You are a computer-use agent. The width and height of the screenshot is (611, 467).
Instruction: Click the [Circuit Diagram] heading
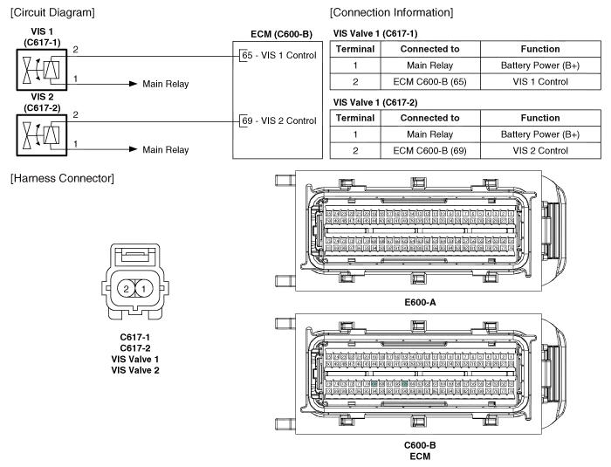[51, 13]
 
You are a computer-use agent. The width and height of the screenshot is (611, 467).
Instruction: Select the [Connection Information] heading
[390, 13]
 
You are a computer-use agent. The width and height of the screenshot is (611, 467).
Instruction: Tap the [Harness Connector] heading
[62, 179]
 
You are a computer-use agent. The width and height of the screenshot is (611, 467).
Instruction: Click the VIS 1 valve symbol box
[43, 68]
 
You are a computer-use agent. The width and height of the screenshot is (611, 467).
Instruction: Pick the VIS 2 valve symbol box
[43, 133]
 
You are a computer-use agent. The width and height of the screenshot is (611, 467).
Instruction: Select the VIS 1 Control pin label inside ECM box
[285, 56]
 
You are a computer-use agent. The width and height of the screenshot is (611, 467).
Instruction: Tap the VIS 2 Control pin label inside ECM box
[285, 120]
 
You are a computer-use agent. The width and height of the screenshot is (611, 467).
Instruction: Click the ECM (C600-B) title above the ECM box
[281, 34]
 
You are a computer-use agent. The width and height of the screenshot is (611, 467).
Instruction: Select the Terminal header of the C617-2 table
[355, 117]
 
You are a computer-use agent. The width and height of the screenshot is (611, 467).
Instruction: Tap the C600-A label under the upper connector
[421, 302]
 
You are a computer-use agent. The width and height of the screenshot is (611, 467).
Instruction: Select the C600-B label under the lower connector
[421, 445]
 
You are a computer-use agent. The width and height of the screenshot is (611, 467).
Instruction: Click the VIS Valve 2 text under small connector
[136, 370]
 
